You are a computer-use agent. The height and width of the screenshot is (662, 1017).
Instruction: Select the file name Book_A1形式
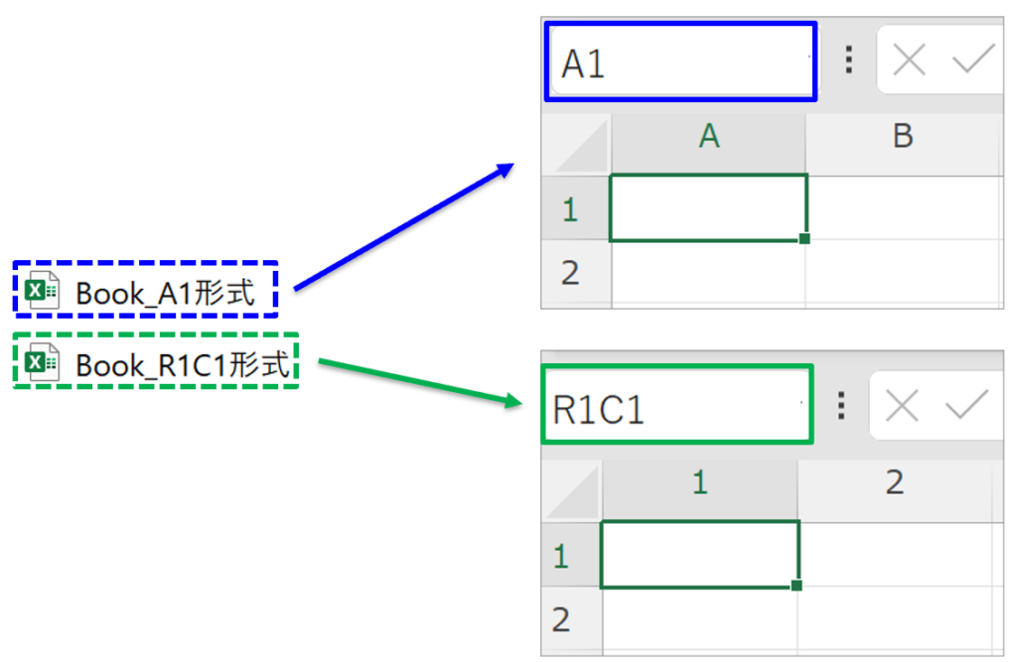[165, 293]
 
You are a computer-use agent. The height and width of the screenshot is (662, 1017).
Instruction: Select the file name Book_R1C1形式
[183, 365]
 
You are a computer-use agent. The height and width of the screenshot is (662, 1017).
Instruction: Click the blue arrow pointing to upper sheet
[402, 227]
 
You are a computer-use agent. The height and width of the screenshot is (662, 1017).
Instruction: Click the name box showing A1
[679, 63]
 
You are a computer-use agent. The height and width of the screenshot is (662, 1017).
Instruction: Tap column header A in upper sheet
[708, 136]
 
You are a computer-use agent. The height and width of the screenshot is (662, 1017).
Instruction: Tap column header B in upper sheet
[902, 136]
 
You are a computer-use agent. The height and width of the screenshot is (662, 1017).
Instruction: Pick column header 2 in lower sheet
[894, 482]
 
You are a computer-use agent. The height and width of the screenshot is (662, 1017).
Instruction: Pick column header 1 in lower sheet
[700, 482]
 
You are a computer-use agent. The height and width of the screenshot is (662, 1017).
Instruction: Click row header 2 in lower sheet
[562, 619]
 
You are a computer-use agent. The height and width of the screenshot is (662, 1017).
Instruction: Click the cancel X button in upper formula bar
[909, 62]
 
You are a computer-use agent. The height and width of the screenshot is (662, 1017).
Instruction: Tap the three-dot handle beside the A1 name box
[848, 61]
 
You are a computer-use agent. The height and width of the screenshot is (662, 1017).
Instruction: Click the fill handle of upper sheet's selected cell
[804, 238]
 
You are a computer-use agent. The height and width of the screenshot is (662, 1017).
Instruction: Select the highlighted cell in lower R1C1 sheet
[699, 554]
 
